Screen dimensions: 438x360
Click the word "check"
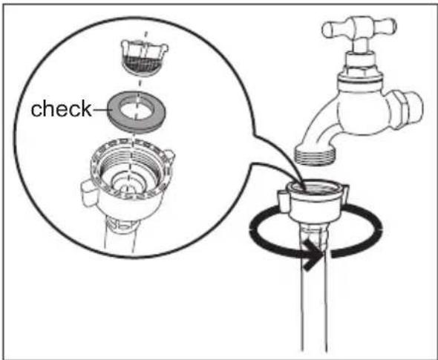click(61, 108)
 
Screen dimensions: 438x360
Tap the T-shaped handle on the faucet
click(359, 27)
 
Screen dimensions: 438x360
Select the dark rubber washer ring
click(137, 111)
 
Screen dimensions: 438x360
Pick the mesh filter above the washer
click(145, 58)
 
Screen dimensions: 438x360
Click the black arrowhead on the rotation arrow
click(313, 254)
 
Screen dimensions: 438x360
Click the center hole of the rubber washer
click(137, 108)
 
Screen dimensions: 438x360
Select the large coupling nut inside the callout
click(128, 179)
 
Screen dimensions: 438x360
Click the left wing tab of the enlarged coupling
click(89, 193)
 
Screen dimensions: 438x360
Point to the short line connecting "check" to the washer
click(100, 109)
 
